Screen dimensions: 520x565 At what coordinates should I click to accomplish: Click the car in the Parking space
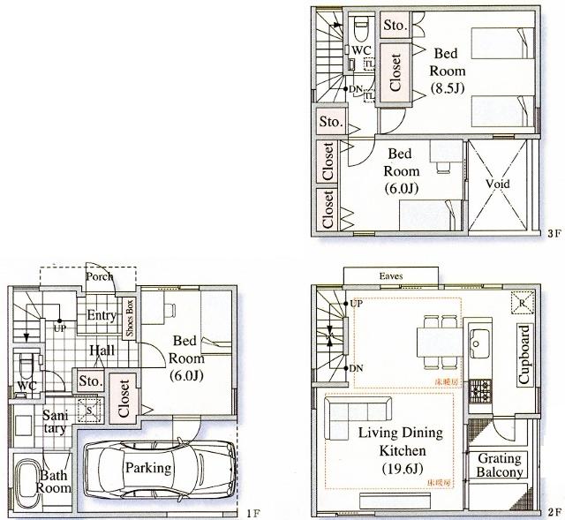pyautogui.click(x=160, y=467)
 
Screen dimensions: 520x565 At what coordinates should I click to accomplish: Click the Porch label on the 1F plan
pyautogui.click(x=99, y=277)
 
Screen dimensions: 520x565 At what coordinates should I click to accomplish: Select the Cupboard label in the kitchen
pyautogui.click(x=524, y=355)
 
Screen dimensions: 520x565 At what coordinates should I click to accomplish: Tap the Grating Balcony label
pyautogui.click(x=500, y=465)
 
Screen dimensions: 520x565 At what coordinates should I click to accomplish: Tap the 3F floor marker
pyautogui.click(x=554, y=235)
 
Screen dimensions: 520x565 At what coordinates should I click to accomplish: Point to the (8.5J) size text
pyautogui.click(x=448, y=88)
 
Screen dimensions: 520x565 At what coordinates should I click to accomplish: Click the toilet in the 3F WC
pyautogui.click(x=361, y=30)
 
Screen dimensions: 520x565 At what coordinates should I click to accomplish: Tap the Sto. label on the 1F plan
pyautogui.click(x=89, y=381)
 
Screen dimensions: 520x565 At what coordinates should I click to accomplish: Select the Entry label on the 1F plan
pyautogui.click(x=102, y=316)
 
